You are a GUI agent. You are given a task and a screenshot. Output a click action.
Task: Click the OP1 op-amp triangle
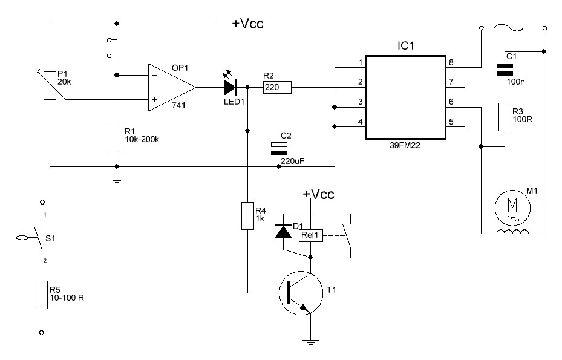point(171,88)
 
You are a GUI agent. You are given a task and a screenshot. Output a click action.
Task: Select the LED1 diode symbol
point(230,87)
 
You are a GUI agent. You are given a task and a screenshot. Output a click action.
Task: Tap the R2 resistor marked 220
point(277,87)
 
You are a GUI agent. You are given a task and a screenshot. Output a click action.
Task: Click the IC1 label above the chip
point(406,45)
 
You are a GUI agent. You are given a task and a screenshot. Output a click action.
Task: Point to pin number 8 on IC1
point(451,62)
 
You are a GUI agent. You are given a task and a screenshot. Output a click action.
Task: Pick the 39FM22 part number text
point(405,145)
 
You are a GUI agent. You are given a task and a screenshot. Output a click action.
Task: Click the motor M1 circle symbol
point(512,208)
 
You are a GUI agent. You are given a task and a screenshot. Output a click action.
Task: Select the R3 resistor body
point(505,117)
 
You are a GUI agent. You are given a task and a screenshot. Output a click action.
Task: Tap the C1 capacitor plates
point(505,69)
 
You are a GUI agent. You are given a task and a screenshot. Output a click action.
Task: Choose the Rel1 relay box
point(310,235)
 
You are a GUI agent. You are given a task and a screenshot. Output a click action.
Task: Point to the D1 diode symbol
point(283,231)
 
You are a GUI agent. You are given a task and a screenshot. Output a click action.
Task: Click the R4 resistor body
point(247,216)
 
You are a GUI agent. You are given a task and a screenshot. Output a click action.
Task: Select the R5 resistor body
point(42,295)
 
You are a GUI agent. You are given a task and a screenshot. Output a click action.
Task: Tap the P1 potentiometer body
point(50,85)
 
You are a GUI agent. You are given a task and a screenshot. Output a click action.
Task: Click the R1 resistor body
point(117,137)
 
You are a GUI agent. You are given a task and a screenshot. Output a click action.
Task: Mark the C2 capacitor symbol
point(279,148)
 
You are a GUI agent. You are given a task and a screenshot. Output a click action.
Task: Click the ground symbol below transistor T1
point(310,342)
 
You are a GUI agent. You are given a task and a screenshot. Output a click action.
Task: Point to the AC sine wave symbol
point(509,28)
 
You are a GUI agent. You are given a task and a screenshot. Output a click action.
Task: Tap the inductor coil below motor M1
point(512,232)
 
